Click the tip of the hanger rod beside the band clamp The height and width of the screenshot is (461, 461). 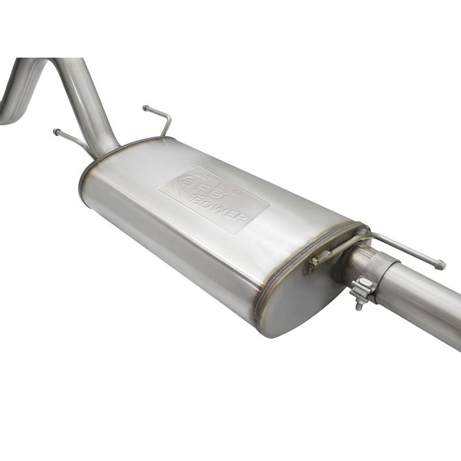point(442,265)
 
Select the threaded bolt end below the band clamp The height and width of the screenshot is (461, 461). point(358,306)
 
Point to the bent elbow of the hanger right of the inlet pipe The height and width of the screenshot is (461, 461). point(168,120)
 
